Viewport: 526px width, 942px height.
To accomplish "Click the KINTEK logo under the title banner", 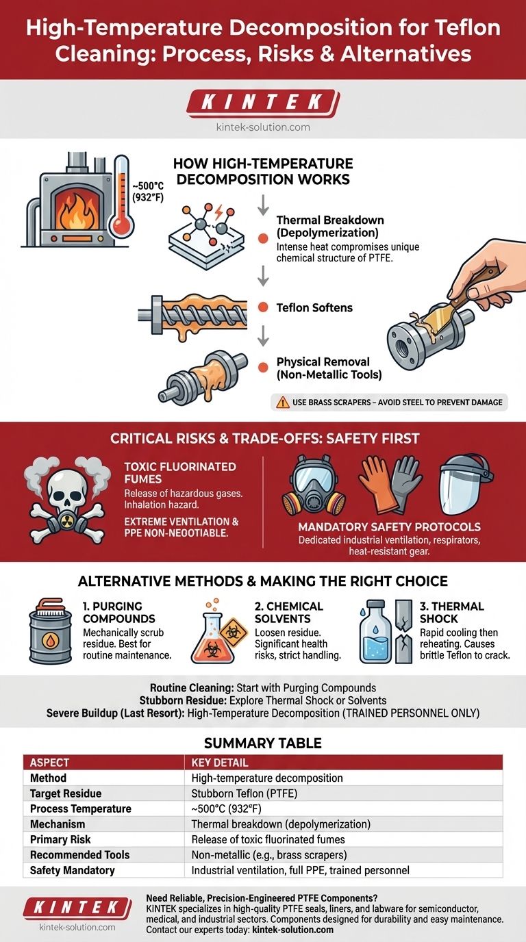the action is click(x=263, y=102).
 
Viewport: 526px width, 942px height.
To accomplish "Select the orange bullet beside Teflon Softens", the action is click(x=263, y=307).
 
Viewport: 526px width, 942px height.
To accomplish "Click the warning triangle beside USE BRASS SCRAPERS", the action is click(x=282, y=403).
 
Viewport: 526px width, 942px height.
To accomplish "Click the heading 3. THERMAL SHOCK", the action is click(x=451, y=612).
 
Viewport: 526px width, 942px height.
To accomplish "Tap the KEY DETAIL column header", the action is click(x=220, y=763).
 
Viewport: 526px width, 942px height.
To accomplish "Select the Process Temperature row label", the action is click(x=80, y=809).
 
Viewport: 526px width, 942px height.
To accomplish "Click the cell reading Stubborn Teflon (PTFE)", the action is click(x=244, y=793).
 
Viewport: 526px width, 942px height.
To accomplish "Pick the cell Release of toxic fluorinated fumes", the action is click(x=268, y=839).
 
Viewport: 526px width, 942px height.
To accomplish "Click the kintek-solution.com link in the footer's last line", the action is click(x=292, y=930).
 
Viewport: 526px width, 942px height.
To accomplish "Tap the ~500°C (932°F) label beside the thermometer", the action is click(x=148, y=192).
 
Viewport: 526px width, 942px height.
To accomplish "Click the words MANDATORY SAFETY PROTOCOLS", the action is click(x=389, y=527).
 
